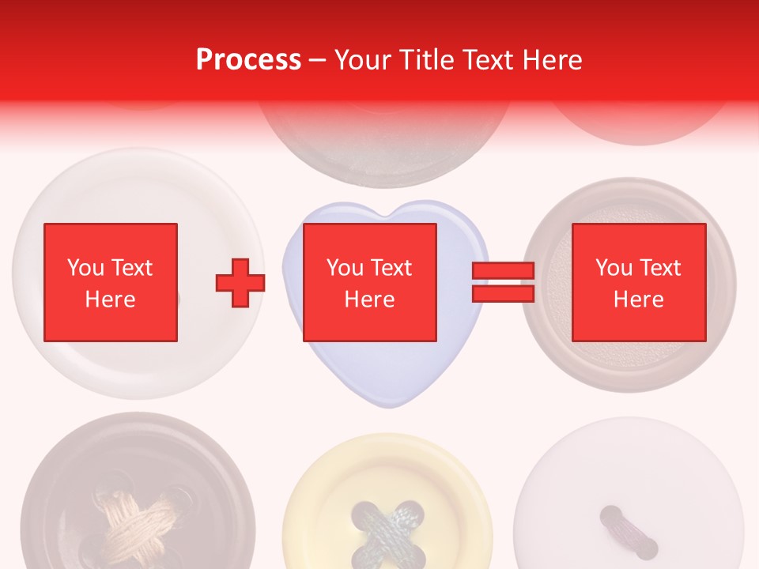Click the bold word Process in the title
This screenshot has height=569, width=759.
click(x=248, y=60)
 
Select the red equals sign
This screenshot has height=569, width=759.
click(x=503, y=282)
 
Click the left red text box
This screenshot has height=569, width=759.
click(x=110, y=282)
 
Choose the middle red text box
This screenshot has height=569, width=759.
click(x=369, y=282)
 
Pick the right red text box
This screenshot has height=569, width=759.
click(x=638, y=282)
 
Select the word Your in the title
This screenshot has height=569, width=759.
click(x=364, y=60)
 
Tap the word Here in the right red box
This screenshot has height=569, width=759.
click(x=638, y=300)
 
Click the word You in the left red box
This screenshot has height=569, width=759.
click(x=85, y=268)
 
